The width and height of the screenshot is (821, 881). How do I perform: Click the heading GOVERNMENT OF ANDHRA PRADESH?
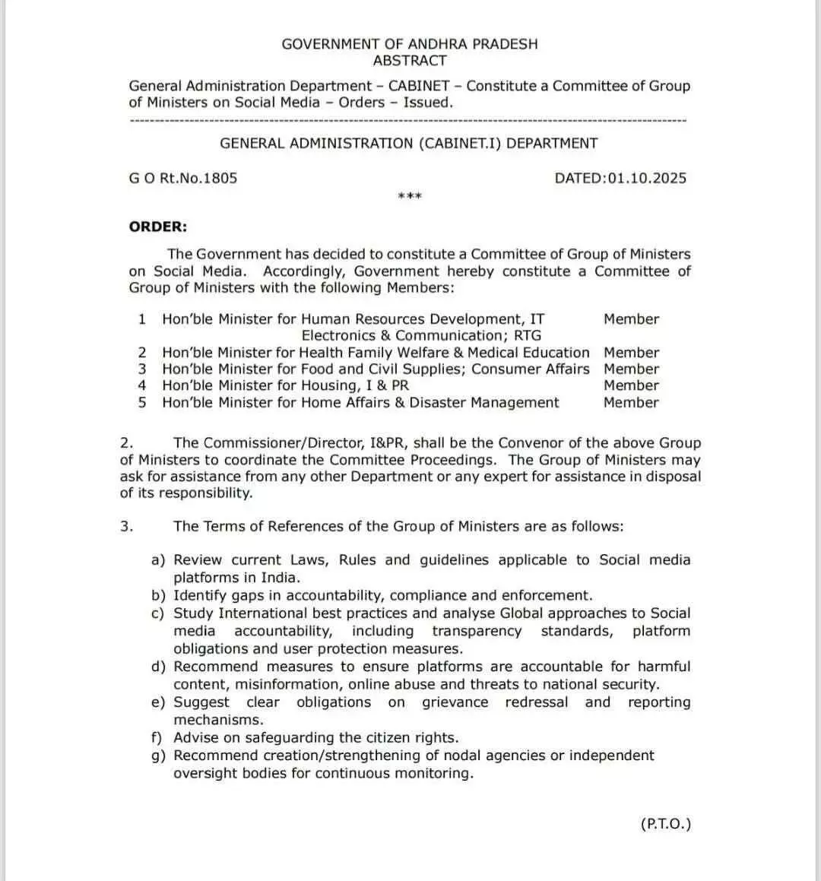(409, 44)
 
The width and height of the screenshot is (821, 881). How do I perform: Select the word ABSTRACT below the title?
(410, 61)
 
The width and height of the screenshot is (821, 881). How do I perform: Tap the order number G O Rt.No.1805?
(183, 179)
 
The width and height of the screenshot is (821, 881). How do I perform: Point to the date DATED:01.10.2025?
(620, 179)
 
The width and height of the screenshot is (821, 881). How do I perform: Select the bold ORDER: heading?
(158, 227)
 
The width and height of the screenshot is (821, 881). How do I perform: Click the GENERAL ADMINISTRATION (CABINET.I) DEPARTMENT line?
(409, 143)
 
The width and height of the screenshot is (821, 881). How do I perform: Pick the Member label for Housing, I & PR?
(631, 385)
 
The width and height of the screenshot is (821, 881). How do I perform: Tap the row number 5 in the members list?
(142, 402)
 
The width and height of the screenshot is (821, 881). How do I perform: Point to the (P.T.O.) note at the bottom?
(666, 824)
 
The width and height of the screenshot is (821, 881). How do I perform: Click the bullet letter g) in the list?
(158, 756)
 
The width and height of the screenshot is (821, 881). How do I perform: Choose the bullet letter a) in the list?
(158, 560)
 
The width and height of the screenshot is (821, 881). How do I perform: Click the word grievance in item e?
(455, 702)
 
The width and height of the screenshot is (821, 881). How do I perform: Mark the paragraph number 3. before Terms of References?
(127, 526)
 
